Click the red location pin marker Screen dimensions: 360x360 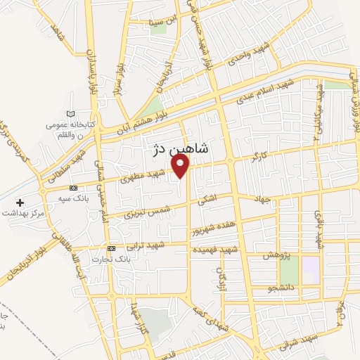point(181,166)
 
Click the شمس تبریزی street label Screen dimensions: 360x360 point(149,209)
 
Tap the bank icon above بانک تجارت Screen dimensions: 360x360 point(111,249)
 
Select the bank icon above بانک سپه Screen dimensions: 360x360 point(73,188)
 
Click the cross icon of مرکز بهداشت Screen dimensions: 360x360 point(20,202)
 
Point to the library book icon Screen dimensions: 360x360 point(69,114)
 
